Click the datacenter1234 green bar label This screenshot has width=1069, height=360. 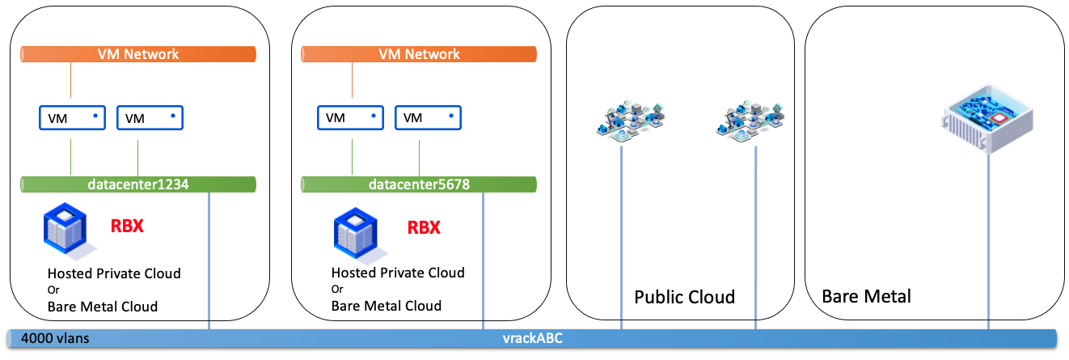pos(138,184)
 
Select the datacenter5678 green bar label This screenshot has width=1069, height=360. pos(419,184)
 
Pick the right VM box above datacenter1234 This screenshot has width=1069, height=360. pos(150,118)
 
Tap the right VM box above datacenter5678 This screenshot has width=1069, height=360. pos(428,118)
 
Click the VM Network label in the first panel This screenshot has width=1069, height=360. pos(138,54)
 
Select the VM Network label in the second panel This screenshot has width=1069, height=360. pos(419,54)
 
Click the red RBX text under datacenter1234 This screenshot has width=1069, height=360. pos(127,226)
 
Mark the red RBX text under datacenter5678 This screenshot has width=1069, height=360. pos(424,227)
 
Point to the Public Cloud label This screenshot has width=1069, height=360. pos(684,297)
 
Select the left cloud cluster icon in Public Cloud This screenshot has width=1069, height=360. pos(632,120)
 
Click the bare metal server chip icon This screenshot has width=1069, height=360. pos(988,120)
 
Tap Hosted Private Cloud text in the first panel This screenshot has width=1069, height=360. pos(114,273)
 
